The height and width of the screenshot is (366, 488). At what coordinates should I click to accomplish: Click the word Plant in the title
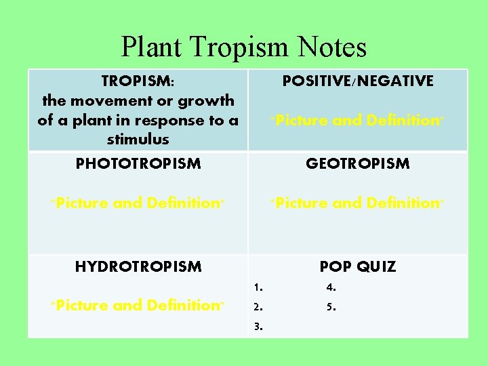(x=152, y=47)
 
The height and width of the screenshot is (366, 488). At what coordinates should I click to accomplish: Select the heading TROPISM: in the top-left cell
(x=138, y=81)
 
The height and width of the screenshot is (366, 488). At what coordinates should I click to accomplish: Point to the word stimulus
(x=138, y=139)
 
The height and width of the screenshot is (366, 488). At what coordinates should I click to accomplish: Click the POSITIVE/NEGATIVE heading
(x=358, y=81)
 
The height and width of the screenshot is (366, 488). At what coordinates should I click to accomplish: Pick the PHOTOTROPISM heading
(x=138, y=163)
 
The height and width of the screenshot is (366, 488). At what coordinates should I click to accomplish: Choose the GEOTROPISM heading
(x=358, y=163)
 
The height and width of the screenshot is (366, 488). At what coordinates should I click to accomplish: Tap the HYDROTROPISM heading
(x=138, y=266)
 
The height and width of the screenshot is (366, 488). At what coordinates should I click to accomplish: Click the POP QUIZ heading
(x=358, y=266)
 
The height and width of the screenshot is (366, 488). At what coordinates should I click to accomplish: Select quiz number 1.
(x=258, y=287)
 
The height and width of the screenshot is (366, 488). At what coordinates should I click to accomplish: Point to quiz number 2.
(x=258, y=306)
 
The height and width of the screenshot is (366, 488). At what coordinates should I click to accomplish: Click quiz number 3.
(x=258, y=326)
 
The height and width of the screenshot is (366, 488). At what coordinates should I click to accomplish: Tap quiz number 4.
(x=331, y=287)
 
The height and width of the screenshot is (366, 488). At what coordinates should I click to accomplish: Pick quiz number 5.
(x=331, y=306)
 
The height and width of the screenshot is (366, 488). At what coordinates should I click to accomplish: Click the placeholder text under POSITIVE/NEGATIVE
(x=358, y=121)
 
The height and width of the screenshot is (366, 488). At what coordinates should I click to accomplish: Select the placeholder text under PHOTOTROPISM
(x=138, y=203)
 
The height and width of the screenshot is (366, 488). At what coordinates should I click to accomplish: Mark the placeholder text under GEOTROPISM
(x=358, y=203)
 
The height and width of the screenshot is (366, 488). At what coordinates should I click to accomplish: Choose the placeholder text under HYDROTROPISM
(x=138, y=305)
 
